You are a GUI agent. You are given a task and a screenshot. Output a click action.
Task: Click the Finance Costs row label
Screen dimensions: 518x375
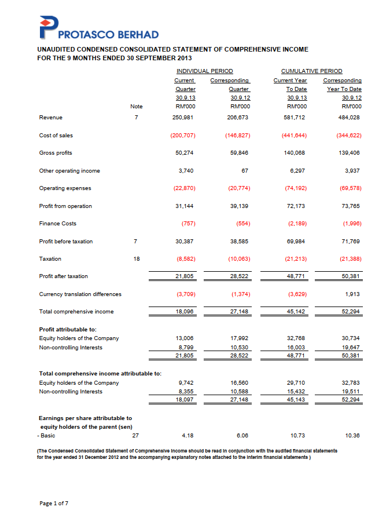coord(57,224)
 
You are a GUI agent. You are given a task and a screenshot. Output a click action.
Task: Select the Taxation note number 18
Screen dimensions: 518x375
coord(136,259)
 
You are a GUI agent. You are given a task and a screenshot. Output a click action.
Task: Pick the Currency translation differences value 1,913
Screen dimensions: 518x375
coord(353,294)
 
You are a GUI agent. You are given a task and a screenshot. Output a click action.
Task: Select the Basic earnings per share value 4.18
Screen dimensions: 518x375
coord(186,436)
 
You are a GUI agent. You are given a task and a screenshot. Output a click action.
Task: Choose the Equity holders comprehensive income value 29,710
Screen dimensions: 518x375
coord(297,383)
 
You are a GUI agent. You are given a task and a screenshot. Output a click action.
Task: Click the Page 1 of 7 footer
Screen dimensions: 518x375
coord(54,504)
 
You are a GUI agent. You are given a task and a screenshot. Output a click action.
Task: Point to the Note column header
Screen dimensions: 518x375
coord(137,107)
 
